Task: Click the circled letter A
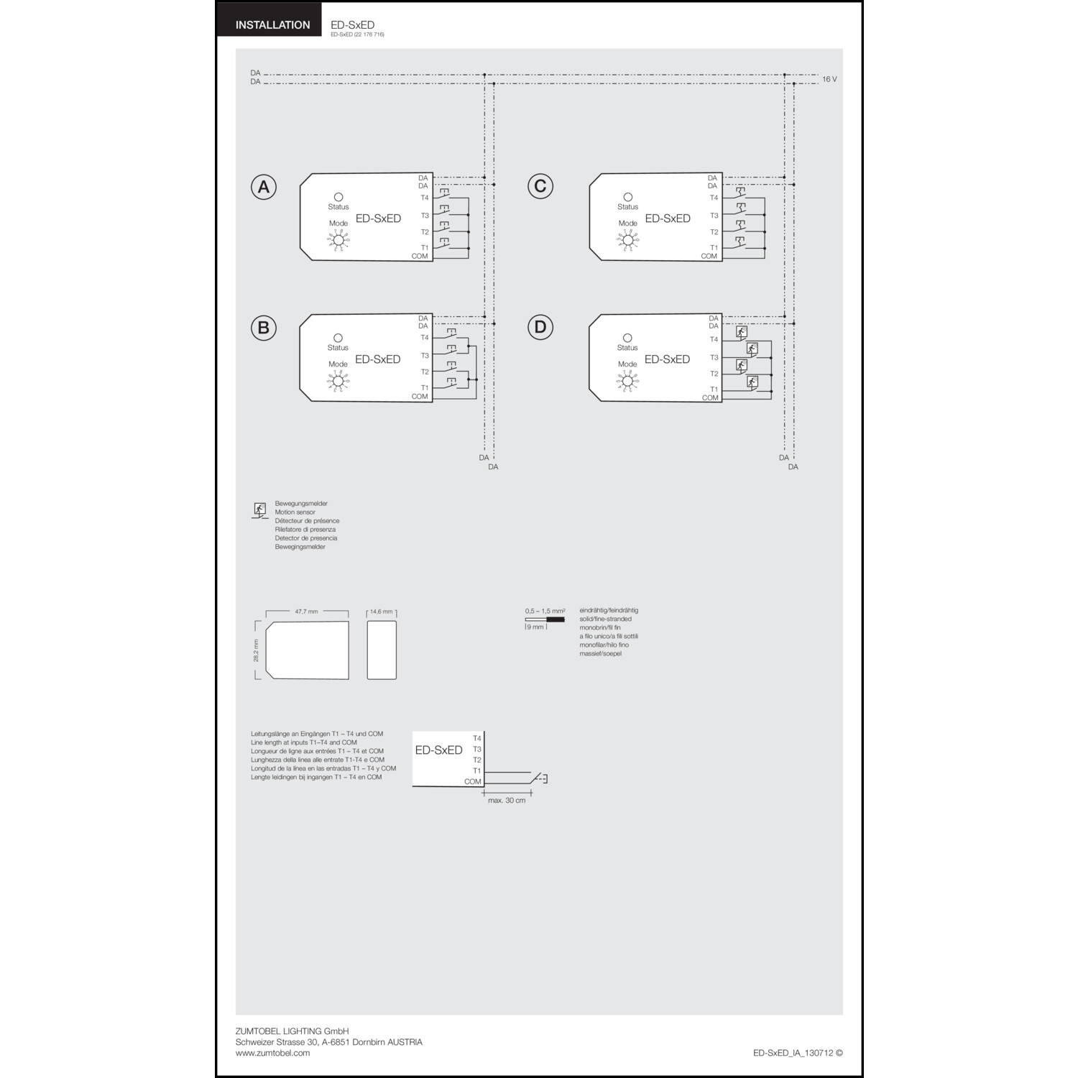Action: pyautogui.click(x=264, y=187)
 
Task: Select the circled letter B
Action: pyautogui.click(x=264, y=328)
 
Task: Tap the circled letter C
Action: pyautogui.click(x=540, y=186)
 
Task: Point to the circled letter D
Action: pyautogui.click(x=540, y=328)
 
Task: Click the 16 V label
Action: pyautogui.click(x=829, y=79)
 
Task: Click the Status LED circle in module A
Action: pyautogui.click(x=338, y=197)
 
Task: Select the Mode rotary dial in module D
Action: pyautogui.click(x=627, y=382)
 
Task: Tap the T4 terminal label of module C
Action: pyautogui.click(x=714, y=198)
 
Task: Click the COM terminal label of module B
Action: pyautogui.click(x=420, y=397)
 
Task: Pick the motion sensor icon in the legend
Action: pyautogui.click(x=259, y=510)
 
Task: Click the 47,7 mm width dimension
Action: pyautogui.click(x=306, y=612)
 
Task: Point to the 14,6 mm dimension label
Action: pyautogui.click(x=381, y=612)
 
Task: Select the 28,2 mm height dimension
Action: pyautogui.click(x=256, y=650)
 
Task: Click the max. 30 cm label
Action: pyautogui.click(x=507, y=801)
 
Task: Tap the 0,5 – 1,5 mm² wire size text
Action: pyautogui.click(x=545, y=611)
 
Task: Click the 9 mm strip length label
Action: pyautogui.click(x=535, y=627)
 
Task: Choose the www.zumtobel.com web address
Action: pyautogui.click(x=272, y=1053)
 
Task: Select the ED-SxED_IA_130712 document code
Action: pyautogui.click(x=793, y=1053)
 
